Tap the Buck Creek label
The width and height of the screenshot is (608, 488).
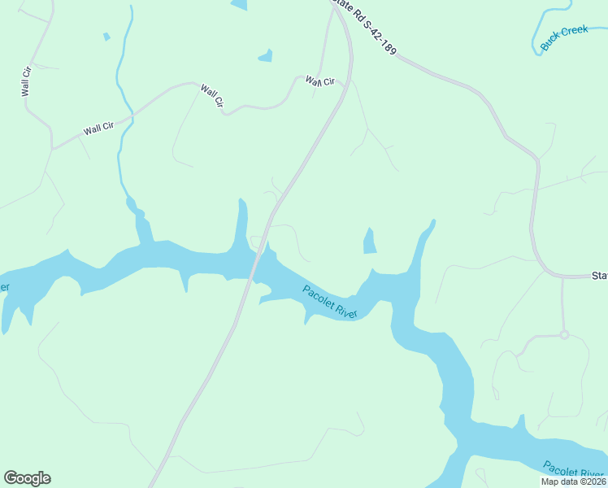pyautogui.click(x=563, y=38)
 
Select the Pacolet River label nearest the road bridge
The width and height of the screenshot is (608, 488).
pyautogui.click(x=330, y=303)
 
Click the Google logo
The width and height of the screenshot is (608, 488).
pyautogui.click(x=27, y=478)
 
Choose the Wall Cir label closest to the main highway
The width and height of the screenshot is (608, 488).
pyautogui.click(x=320, y=81)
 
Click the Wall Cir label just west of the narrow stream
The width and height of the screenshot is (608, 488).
pyautogui.click(x=98, y=129)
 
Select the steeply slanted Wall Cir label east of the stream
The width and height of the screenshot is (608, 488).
pyautogui.click(x=212, y=96)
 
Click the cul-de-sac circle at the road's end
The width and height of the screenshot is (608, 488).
pyautogui.click(x=563, y=335)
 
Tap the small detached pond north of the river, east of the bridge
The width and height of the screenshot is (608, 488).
pyautogui.click(x=369, y=241)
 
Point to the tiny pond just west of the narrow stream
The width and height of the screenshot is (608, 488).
pyautogui.click(x=106, y=37)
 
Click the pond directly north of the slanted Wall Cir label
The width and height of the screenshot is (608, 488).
pyautogui.click(x=265, y=56)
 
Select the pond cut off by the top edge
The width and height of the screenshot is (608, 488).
pyautogui.click(x=239, y=5)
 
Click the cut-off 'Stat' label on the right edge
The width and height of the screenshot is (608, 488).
pyautogui.click(x=599, y=276)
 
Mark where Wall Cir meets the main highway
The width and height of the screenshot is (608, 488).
pyautogui.click(x=350, y=81)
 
